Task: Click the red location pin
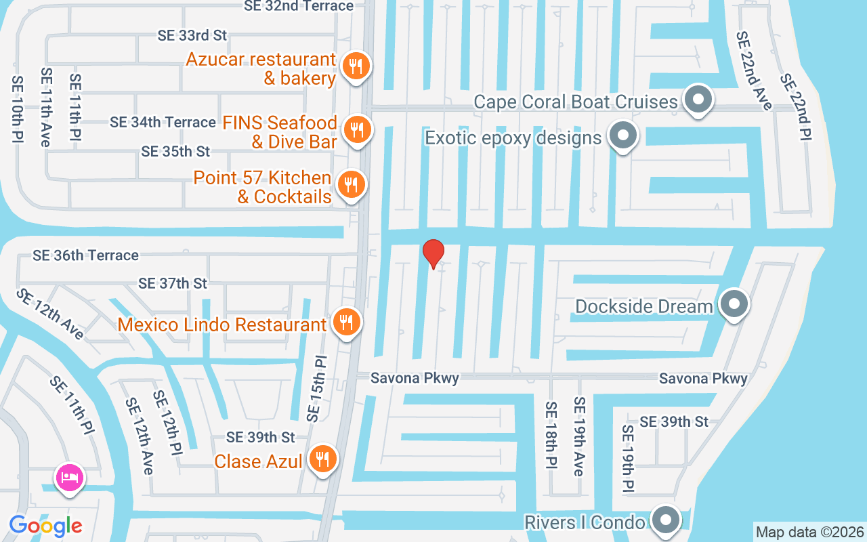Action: point(433,253)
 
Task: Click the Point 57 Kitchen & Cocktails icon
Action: point(350,184)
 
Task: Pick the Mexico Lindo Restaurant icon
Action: point(346,322)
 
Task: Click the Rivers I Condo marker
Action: point(665,520)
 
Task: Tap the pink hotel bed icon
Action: point(71,477)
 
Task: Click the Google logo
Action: point(45,525)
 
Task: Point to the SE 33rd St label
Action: point(192,35)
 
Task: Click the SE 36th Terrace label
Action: point(85,255)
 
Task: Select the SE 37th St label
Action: point(172,283)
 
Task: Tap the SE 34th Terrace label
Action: point(163,123)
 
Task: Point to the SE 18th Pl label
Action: point(551,436)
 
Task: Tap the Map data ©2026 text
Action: point(809,532)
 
